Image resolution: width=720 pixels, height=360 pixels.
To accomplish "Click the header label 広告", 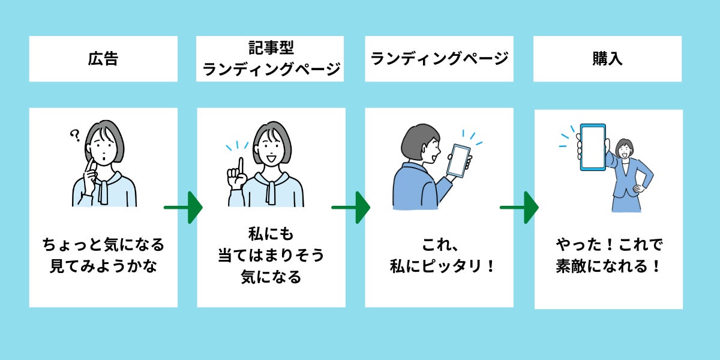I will (103, 59).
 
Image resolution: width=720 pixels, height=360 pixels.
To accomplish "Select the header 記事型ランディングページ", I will (271, 59).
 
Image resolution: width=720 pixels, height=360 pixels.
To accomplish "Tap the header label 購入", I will (607, 59).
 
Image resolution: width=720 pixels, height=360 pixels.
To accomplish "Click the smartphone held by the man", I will (460, 160).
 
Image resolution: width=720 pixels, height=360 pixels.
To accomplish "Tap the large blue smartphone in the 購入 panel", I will (592, 148).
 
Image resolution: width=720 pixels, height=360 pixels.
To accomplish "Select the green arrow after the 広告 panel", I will (184, 207).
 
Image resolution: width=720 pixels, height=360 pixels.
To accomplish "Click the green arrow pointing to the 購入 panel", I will (520, 207).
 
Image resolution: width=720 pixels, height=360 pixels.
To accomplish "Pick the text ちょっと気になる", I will (103, 245).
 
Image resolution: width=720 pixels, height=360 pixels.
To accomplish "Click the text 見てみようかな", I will (103, 266).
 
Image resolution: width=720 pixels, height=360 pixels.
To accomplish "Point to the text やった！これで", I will (608, 245).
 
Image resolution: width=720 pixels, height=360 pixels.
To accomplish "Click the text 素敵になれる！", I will (608, 266).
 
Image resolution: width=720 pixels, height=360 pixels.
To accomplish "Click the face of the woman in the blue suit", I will (625, 149).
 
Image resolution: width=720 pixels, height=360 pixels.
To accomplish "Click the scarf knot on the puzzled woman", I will (103, 180).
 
